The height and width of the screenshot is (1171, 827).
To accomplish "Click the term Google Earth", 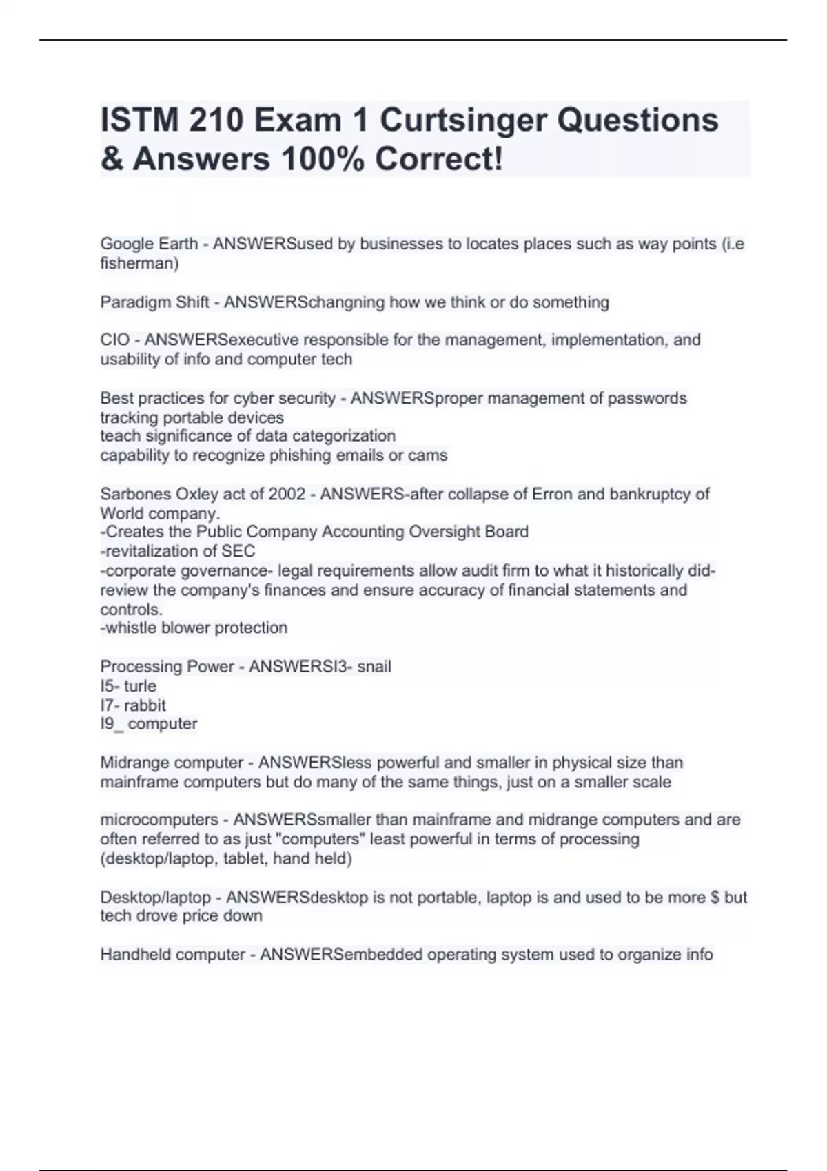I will [149, 244].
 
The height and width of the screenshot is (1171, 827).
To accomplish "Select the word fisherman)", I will [139, 263].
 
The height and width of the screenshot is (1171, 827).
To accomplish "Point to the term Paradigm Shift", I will [154, 302].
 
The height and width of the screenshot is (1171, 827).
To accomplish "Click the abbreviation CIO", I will [114, 340].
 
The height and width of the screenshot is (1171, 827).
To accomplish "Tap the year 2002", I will [286, 494].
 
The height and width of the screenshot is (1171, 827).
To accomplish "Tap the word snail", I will [374, 666].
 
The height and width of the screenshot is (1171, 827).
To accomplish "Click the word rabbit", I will [145, 705].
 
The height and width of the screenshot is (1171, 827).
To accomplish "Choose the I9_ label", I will [112, 724].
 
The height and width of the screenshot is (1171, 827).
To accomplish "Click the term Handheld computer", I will [172, 955].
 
